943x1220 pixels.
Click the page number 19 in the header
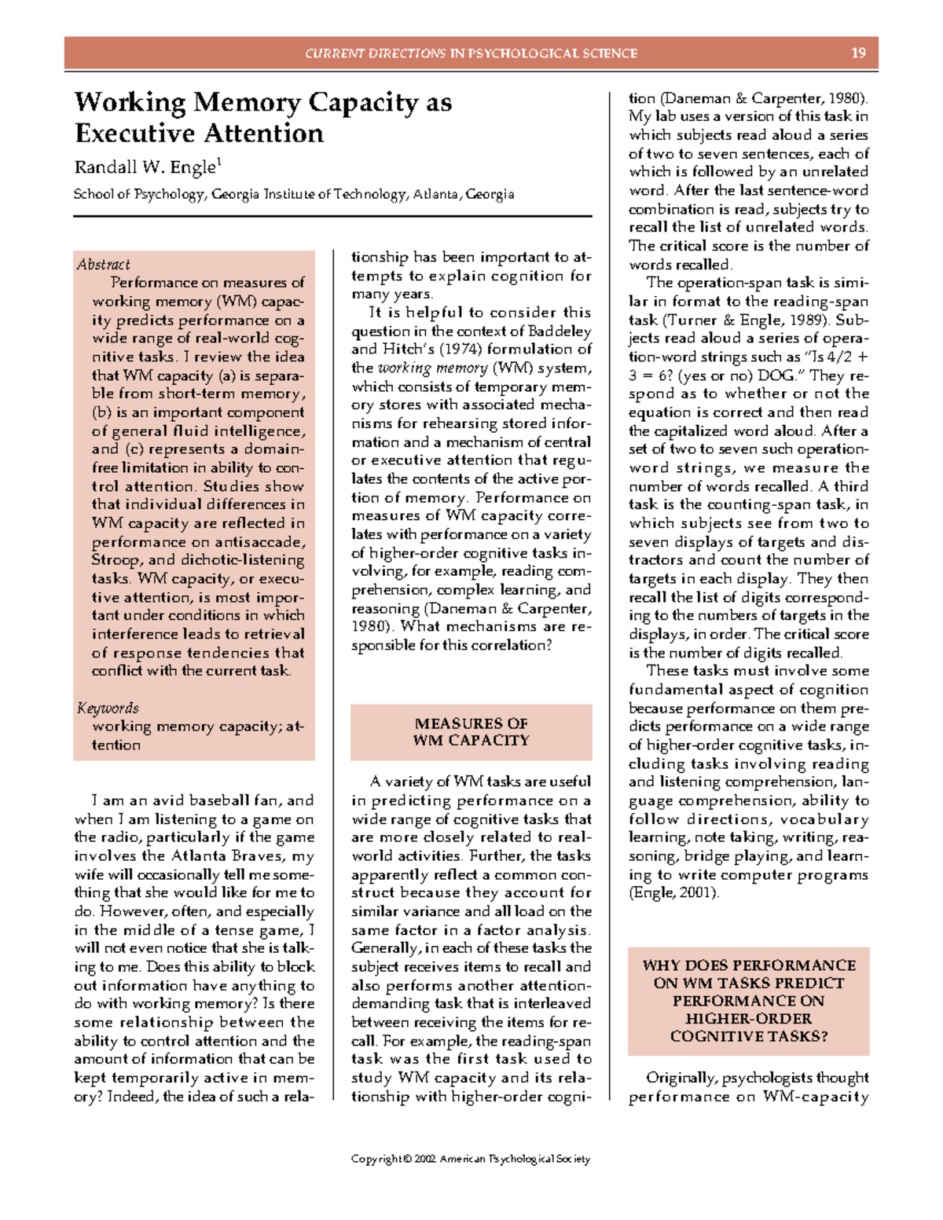click(858, 53)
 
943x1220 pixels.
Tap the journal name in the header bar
click(471, 53)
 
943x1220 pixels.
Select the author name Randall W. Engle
click(145, 167)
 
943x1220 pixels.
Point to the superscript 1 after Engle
click(219, 162)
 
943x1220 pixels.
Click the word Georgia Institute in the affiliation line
click(262, 194)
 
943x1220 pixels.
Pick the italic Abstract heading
click(103, 265)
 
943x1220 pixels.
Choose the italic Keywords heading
click(108, 708)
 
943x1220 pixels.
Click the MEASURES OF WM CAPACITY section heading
click(471, 732)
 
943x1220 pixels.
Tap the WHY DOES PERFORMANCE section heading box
click(748, 1000)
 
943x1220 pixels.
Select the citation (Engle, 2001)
click(673, 893)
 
